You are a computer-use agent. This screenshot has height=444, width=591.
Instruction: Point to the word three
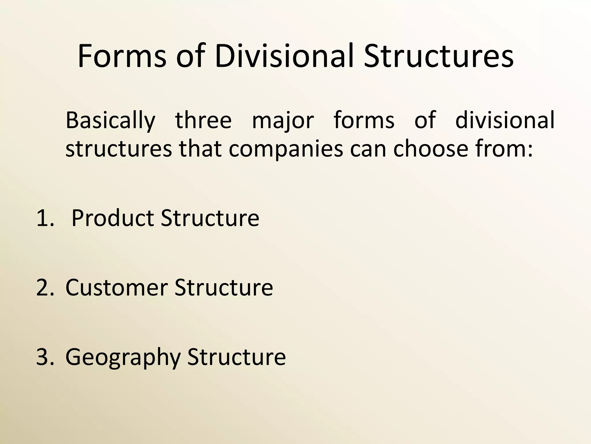[x=203, y=120]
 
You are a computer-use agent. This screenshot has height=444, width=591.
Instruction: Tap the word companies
[x=286, y=149]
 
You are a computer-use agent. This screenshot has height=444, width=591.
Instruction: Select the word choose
[x=431, y=149]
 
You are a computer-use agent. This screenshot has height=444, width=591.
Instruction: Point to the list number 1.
[x=45, y=218]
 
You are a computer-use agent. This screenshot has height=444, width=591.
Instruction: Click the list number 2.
[x=45, y=288]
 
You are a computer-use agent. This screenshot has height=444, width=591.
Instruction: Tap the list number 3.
[x=45, y=357]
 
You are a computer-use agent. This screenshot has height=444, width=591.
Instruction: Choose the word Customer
[x=117, y=288]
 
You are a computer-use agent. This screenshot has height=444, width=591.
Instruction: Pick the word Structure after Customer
[x=224, y=288]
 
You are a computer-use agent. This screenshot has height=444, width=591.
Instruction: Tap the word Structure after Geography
[x=237, y=357]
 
